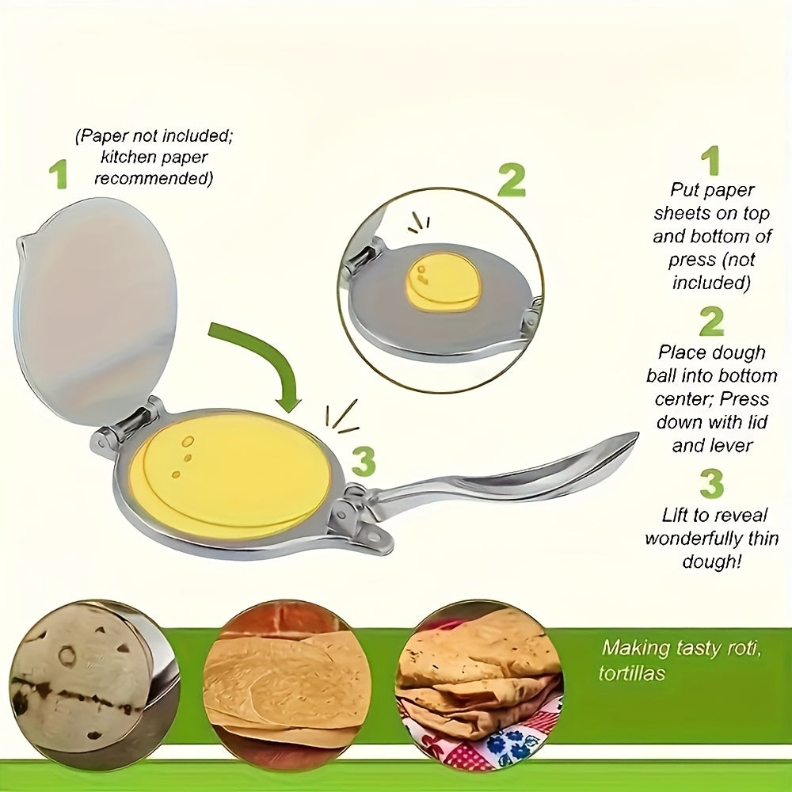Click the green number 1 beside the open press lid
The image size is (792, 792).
tap(57, 175)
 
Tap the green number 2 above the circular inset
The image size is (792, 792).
tap(511, 181)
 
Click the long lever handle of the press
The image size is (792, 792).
tap(507, 475)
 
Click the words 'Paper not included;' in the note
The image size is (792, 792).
tap(154, 136)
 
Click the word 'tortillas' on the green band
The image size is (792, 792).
tap(633, 674)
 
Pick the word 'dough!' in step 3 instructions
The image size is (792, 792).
tap(710, 562)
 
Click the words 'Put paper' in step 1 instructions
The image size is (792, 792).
tap(712, 190)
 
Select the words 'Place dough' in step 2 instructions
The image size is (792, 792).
tap(711, 352)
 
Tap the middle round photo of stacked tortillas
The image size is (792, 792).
tap(287, 676)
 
